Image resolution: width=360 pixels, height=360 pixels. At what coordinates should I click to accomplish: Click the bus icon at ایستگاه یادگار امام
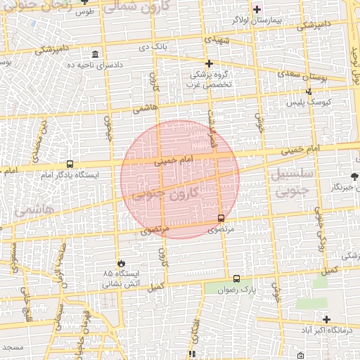tap(70, 164)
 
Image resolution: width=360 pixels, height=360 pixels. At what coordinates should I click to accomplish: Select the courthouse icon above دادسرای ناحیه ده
tap(96, 55)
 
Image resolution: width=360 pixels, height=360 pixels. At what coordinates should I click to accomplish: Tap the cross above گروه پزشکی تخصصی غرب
tap(208, 63)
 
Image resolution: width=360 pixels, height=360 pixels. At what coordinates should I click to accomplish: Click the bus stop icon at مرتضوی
tap(221, 219)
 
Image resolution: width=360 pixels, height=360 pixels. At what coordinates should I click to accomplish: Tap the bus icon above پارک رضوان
tap(236, 278)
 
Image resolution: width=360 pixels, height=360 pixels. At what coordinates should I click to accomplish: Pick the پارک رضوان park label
tap(234, 289)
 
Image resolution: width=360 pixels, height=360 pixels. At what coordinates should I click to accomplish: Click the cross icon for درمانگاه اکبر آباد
tap(326, 319)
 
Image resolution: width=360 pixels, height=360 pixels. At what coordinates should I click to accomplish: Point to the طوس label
tap(85, 12)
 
